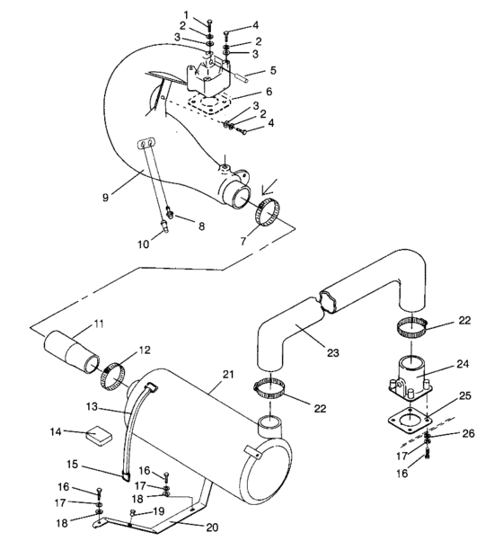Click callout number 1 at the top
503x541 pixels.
point(186,13)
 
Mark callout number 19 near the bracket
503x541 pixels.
point(160,510)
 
